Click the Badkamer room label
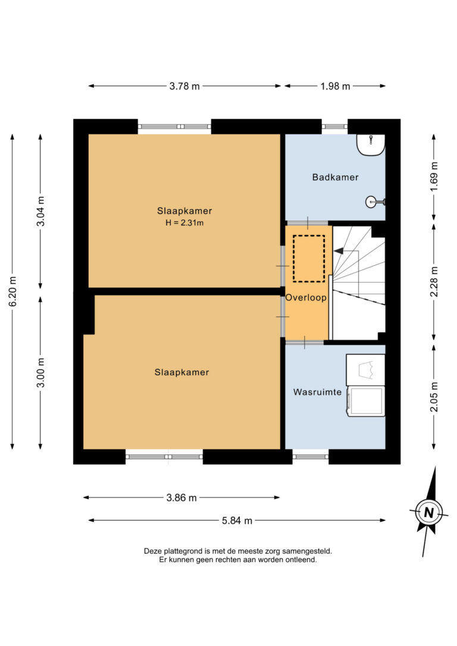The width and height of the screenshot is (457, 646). point(335,177)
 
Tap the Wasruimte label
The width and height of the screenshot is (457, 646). point(317,392)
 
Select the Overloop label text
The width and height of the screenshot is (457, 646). point(306,297)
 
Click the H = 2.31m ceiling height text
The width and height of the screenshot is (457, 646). point(184,223)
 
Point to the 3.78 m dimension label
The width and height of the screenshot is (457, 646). point(184,86)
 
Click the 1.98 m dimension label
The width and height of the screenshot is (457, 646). point(335,86)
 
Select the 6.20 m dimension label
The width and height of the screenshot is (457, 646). point(12,291)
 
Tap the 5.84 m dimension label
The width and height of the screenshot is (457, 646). point(237,520)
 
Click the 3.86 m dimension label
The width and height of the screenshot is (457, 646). point(181,498)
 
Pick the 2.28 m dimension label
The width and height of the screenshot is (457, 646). point(434,282)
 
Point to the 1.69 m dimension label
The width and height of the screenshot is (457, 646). point(434,176)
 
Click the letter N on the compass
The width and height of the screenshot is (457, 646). point(429,513)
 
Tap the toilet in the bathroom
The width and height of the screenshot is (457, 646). point(371,145)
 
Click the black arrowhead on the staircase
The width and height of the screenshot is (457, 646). point(339,250)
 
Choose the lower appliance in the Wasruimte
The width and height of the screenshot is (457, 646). point(366,402)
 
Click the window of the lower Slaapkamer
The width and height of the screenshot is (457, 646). point(164,456)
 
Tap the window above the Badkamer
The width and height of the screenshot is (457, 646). point(334,127)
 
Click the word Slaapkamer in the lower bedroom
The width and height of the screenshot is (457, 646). point(181,372)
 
